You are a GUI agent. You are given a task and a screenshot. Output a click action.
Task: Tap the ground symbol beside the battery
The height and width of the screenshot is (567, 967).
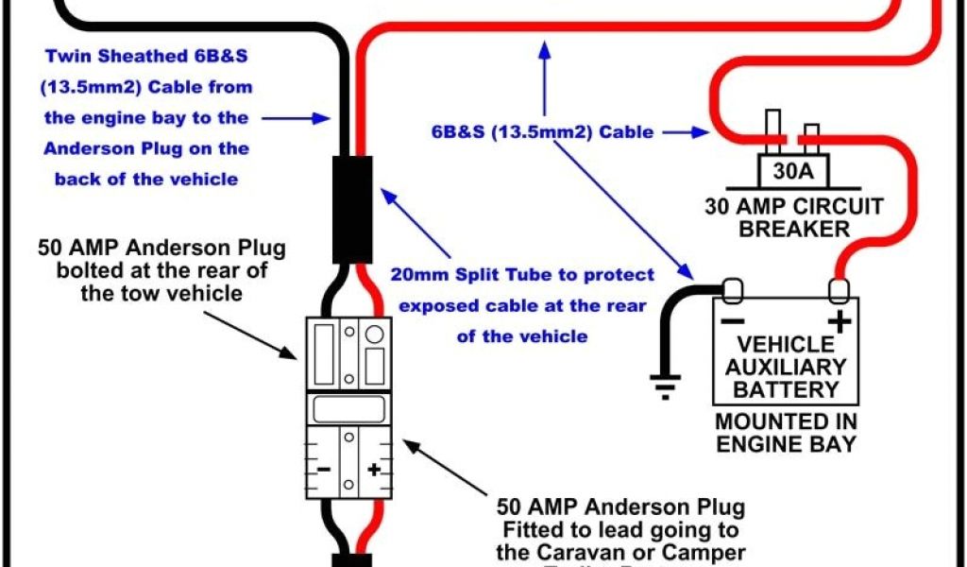tap(665, 383)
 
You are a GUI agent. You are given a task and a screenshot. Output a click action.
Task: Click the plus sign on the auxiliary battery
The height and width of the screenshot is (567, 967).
tap(838, 321)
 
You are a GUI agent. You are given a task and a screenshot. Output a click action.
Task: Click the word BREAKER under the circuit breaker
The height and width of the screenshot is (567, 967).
tap(794, 228)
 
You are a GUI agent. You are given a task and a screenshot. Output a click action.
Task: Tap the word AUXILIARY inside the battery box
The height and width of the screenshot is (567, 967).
tap(786, 367)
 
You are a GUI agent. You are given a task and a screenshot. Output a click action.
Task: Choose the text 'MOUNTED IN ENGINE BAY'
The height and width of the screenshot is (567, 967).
tap(786, 433)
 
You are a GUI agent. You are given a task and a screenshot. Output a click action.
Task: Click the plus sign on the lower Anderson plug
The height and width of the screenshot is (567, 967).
tap(374, 469)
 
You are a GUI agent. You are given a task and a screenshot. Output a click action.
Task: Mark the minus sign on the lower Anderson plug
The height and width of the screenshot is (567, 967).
tap(323, 469)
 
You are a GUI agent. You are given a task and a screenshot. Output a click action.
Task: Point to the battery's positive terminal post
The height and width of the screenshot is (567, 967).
tap(838, 287)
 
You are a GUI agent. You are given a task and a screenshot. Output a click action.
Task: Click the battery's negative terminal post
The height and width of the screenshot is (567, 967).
tap(732, 287)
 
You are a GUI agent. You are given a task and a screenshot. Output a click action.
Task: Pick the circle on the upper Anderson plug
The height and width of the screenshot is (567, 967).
tap(374, 333)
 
